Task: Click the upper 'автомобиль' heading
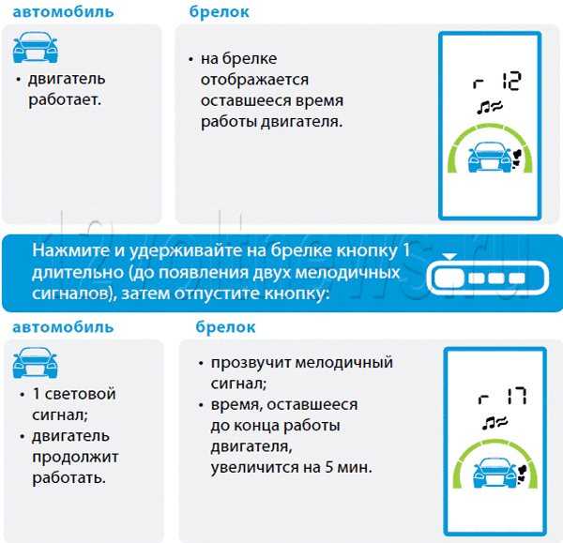63,12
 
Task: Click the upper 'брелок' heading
219,12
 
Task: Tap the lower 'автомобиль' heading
63,327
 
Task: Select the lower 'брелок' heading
225,327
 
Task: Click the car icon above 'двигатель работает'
36,48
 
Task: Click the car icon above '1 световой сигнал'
36,363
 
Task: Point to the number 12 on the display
511,81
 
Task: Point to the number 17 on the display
517,396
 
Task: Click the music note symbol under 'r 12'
483,107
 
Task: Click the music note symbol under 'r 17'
488,423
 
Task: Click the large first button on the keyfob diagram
449,279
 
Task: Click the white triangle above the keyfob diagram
449,256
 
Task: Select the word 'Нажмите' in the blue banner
70,250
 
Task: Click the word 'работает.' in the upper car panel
65,99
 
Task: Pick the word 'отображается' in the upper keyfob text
254,80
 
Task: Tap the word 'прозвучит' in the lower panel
251,363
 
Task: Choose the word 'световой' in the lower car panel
81,394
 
